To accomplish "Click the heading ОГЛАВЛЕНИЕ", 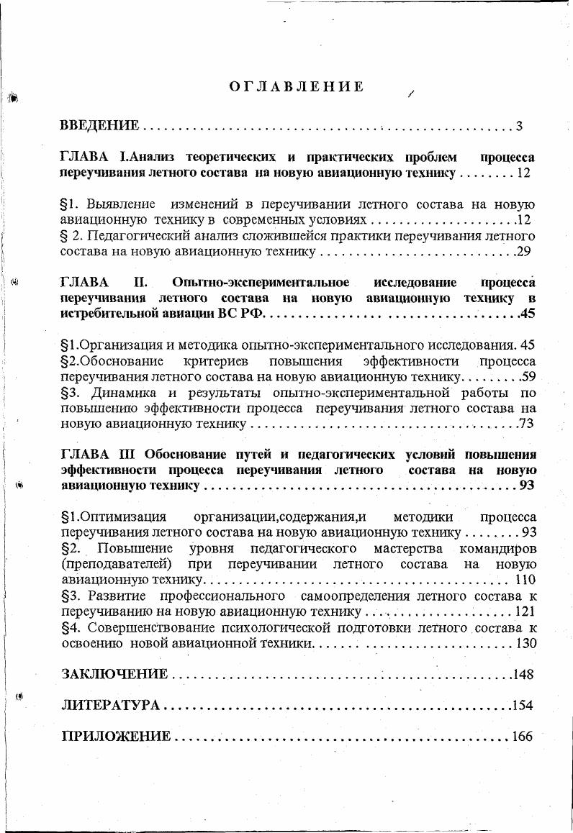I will [x=297, y=87].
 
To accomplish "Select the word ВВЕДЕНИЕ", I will [x=99, y=127].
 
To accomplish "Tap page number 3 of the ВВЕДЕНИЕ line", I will [x=518, y=127].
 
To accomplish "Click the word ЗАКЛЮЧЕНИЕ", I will [x=114, y=675].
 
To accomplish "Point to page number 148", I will [x=523, y=675].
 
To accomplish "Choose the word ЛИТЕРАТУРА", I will [x=111, y=706].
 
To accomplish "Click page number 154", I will [x=522, y=706].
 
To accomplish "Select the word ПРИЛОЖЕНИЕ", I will [x=116, y=737].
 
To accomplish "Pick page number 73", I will [x=525, y=424].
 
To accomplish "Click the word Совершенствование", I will [x=152, y=628].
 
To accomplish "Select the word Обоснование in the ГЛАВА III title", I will [x=186, y=455].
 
